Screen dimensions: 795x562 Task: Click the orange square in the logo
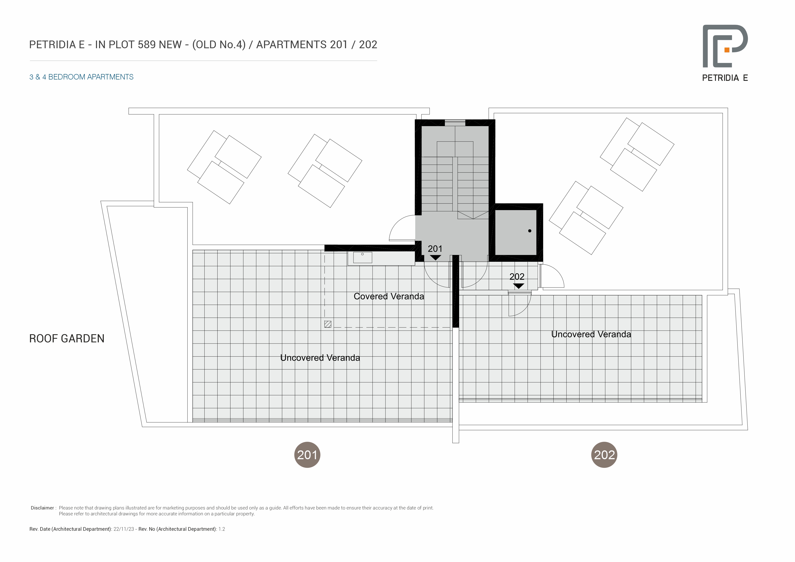click(x=727, y=50)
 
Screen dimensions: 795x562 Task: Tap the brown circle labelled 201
click(x=307, y=455)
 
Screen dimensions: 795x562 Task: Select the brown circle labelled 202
click(x=604, y=455)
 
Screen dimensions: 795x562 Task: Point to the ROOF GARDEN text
click(x=67, y=339)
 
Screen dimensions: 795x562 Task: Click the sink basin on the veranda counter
click(x=363, y=257)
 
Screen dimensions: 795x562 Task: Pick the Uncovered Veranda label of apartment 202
click(x=591, y=334)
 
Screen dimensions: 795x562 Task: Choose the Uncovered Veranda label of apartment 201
click(x=320, y=358)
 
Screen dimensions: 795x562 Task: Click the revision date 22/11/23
click(x=124, y=529)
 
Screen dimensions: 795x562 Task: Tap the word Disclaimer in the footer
click(x=42, y=508)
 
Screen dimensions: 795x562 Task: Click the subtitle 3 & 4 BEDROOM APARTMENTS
click(x=81, y=77)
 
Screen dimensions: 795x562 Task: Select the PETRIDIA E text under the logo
click(x=725, y=78)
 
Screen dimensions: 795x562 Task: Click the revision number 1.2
click(x=222, y=529)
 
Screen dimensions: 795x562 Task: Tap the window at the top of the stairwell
click(x=455, y=122)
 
